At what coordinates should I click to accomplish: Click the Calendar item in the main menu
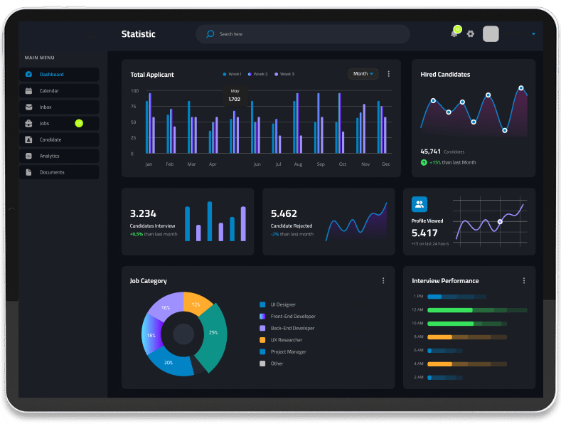click(x=59, y=91)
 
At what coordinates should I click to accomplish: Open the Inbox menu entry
click(x=59, y=107)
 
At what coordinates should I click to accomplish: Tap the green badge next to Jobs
click(x=79, y=123)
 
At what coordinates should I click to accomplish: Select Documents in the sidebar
click(x=59, y=172)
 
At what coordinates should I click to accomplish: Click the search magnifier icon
click(x=210, y=34)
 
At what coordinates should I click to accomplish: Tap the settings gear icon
click(x=471, y=33)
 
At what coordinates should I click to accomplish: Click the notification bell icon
click(x=454, y=34)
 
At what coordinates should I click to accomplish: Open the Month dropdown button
click(x=363, y=74)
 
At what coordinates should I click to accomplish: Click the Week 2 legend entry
click(x=258, y=74)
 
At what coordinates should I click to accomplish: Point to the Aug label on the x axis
click(x=298, y=164)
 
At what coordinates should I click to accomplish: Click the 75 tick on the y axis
click(x=134, y=107)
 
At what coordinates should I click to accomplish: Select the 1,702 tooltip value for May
click(x=235, y=99)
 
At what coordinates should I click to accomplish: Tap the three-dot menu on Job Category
click(x=383, y=281)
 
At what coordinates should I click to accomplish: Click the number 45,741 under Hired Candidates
click(x=430, y=152)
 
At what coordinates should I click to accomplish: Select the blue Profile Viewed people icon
click(x=420, y=204)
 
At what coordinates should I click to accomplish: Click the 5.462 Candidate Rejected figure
click(x=284, y=214)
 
